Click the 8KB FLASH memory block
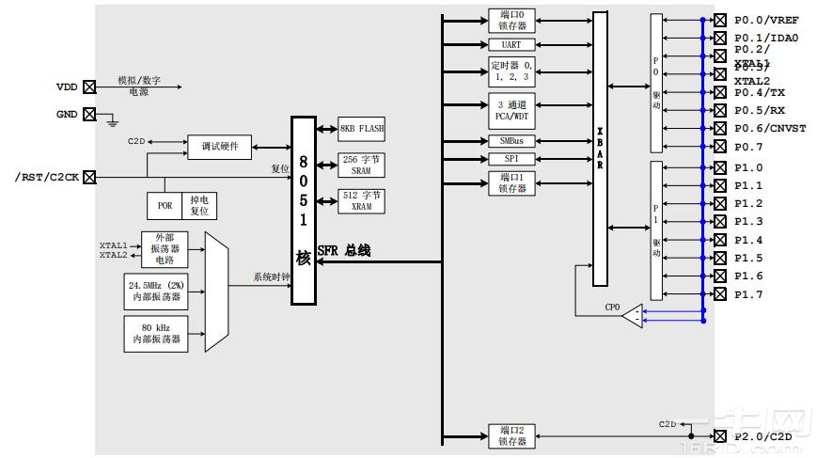point(362,129)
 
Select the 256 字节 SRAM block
point(362,166)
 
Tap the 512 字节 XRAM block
point(362,200)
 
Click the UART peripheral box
point(511,44)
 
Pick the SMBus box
point(511,140)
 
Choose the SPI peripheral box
point(511,159)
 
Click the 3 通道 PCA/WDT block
point(511,111)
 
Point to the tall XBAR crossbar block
point(600,149)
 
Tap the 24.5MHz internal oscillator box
point(156,292)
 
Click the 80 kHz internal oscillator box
point(156,333)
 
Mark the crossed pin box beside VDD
point(89,87)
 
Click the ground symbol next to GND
point(112,120)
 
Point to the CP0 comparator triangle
point(633,316)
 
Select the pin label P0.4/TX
point(759,92)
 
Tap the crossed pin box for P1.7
point(720,294)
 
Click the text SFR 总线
point(344,250)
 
